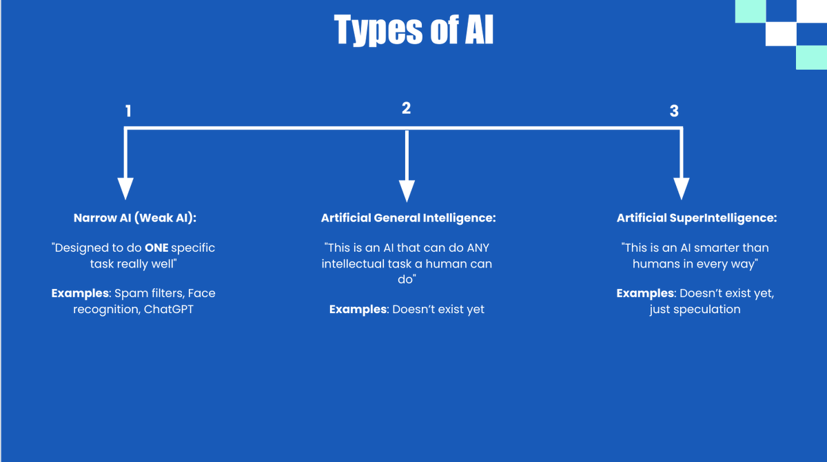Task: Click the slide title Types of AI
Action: [413, 31]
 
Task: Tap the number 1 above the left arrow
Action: [128, 111]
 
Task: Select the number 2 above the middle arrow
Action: [406, 108]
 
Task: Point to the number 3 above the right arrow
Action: [674, 111]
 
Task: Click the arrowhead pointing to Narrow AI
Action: [125, 188]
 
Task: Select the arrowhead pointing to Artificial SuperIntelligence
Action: [681, 188]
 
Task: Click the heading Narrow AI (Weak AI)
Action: [135, 218]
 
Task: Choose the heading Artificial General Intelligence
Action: [409, 218]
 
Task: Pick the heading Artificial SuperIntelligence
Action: [697, 218]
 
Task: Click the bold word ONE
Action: [156, 248]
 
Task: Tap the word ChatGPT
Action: [170, 309]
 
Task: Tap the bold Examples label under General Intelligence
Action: [358, 309]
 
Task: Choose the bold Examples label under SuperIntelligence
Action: [646, 293]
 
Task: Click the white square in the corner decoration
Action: [780, 34]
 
